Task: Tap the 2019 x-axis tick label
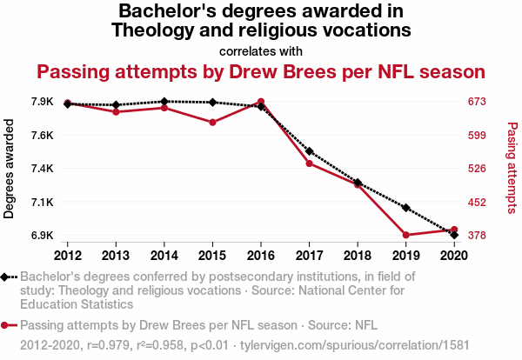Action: [x=405, y=255]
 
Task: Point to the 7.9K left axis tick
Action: [x=43, y=102]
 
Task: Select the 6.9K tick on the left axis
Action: [x=43, y=236]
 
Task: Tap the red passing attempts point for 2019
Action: [x=405, y=235]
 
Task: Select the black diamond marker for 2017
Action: [x=309, y=151]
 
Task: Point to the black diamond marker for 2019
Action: [x=405, y=208]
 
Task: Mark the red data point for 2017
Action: [x=309, y=163]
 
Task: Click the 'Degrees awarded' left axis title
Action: [x=10, y=169]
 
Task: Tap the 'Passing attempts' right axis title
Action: [x=512, y=169]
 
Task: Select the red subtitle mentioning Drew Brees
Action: [x=261, y=70]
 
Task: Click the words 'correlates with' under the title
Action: [x=261, y=50]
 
